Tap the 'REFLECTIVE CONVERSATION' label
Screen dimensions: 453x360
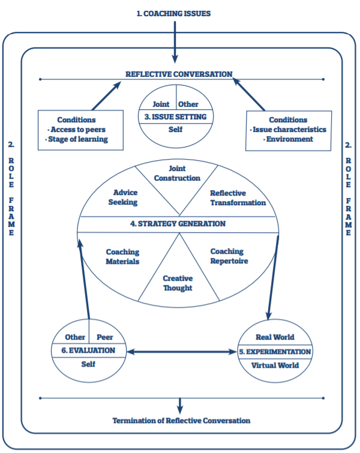(178, 74)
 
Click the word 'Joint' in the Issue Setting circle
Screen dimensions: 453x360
(161, 104)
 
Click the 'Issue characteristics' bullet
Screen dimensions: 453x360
(289, 129)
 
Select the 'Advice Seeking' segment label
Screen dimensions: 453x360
(125, 197)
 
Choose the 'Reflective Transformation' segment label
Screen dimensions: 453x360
(237, 198)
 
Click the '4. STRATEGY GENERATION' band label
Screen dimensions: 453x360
(178, 224)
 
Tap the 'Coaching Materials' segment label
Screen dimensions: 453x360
(122, 257)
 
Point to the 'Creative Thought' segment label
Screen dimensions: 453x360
(178, 283)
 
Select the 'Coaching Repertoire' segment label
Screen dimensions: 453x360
(229, 256)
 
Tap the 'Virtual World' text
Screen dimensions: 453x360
(275, 365)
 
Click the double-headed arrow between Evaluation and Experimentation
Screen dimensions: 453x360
(182, 351)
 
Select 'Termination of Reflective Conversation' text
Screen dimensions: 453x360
(181, 420)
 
